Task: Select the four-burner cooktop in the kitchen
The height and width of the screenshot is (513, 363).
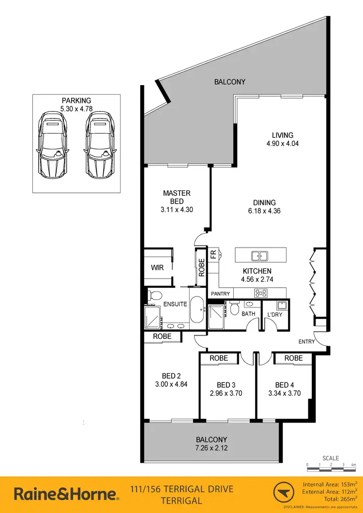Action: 261,293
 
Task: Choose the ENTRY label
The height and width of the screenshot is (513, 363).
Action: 306,341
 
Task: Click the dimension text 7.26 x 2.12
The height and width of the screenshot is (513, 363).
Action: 211,448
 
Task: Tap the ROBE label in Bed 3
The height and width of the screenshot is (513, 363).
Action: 219,358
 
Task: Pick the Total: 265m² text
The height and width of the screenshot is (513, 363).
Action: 334,498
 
